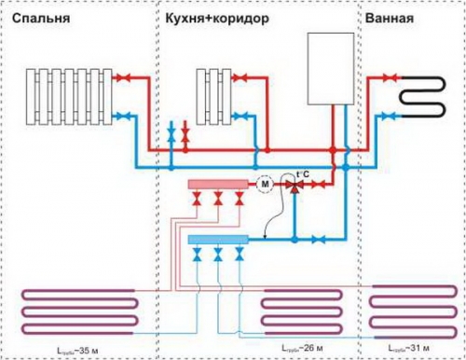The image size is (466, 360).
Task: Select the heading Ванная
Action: pyautogui.click(x=390, y=18)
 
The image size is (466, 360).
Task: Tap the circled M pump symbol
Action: pyautogui.click(x=266, y=185)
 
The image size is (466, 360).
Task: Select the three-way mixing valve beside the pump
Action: pyautogui.click(x=296, y=186)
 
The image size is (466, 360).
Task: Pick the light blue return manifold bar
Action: pyautogui.click(x=216, y=241)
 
